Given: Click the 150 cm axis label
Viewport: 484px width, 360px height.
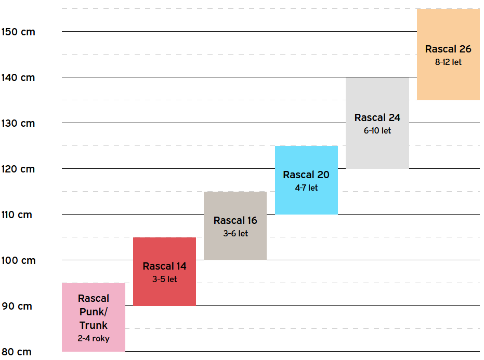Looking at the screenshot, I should pyautogui.click(x=18, y=32).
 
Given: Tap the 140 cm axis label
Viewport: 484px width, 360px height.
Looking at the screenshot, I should pyautogui.click(x=18, y=77).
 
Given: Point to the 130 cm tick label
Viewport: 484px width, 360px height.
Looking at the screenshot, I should pyautogui.click(x=18, y=123).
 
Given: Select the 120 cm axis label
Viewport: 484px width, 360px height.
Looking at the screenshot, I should pyautogui.click(x=18, y=169).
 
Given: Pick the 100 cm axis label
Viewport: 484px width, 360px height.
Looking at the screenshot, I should pyautogui.click(x=18, y=260).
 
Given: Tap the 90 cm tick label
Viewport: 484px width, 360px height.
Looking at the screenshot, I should pyautogui.click(x=17, y=306).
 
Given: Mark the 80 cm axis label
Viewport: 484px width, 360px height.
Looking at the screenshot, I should pyautogui.click(x=17, y=352).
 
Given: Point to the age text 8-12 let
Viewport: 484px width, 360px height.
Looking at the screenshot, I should pyautogui.click(x=448, y=62).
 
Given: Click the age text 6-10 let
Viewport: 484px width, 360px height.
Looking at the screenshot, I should pyautogui.click(x=377, y=130).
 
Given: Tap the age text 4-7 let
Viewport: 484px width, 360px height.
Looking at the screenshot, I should pyautogui.click(x=306, y=188).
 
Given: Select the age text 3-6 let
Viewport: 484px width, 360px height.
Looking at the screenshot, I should pyautogui.click(x=236, y=233).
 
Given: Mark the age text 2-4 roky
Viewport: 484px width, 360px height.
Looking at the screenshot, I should pyautogui.click(x=94, y=338).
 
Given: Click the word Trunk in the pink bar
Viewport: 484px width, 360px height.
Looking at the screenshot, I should pyautogui.click(x=94, y=325).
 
